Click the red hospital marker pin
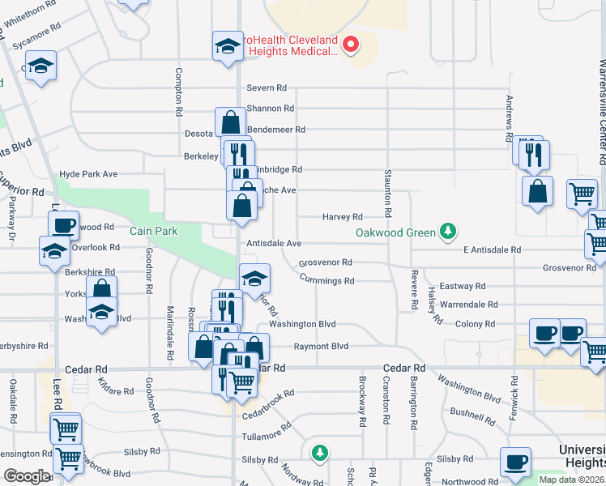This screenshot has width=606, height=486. coord(351,44)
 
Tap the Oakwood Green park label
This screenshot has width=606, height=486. coord(395,233)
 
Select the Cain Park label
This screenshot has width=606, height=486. coord(153,231)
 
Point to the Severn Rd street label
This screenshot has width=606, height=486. coord(267,87)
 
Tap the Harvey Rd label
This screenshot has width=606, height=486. coord(342,216)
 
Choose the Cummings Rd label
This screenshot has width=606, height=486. coord(326,281)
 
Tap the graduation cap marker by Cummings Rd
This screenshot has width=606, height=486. coord(254,279)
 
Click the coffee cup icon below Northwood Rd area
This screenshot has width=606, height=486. coord(514,462)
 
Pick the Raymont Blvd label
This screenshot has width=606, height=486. coord(321,346)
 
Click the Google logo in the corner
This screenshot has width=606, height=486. coord(26,476)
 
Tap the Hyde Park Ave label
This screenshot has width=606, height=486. coord(88,174)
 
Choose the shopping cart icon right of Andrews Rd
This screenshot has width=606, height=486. coord(581,194)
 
